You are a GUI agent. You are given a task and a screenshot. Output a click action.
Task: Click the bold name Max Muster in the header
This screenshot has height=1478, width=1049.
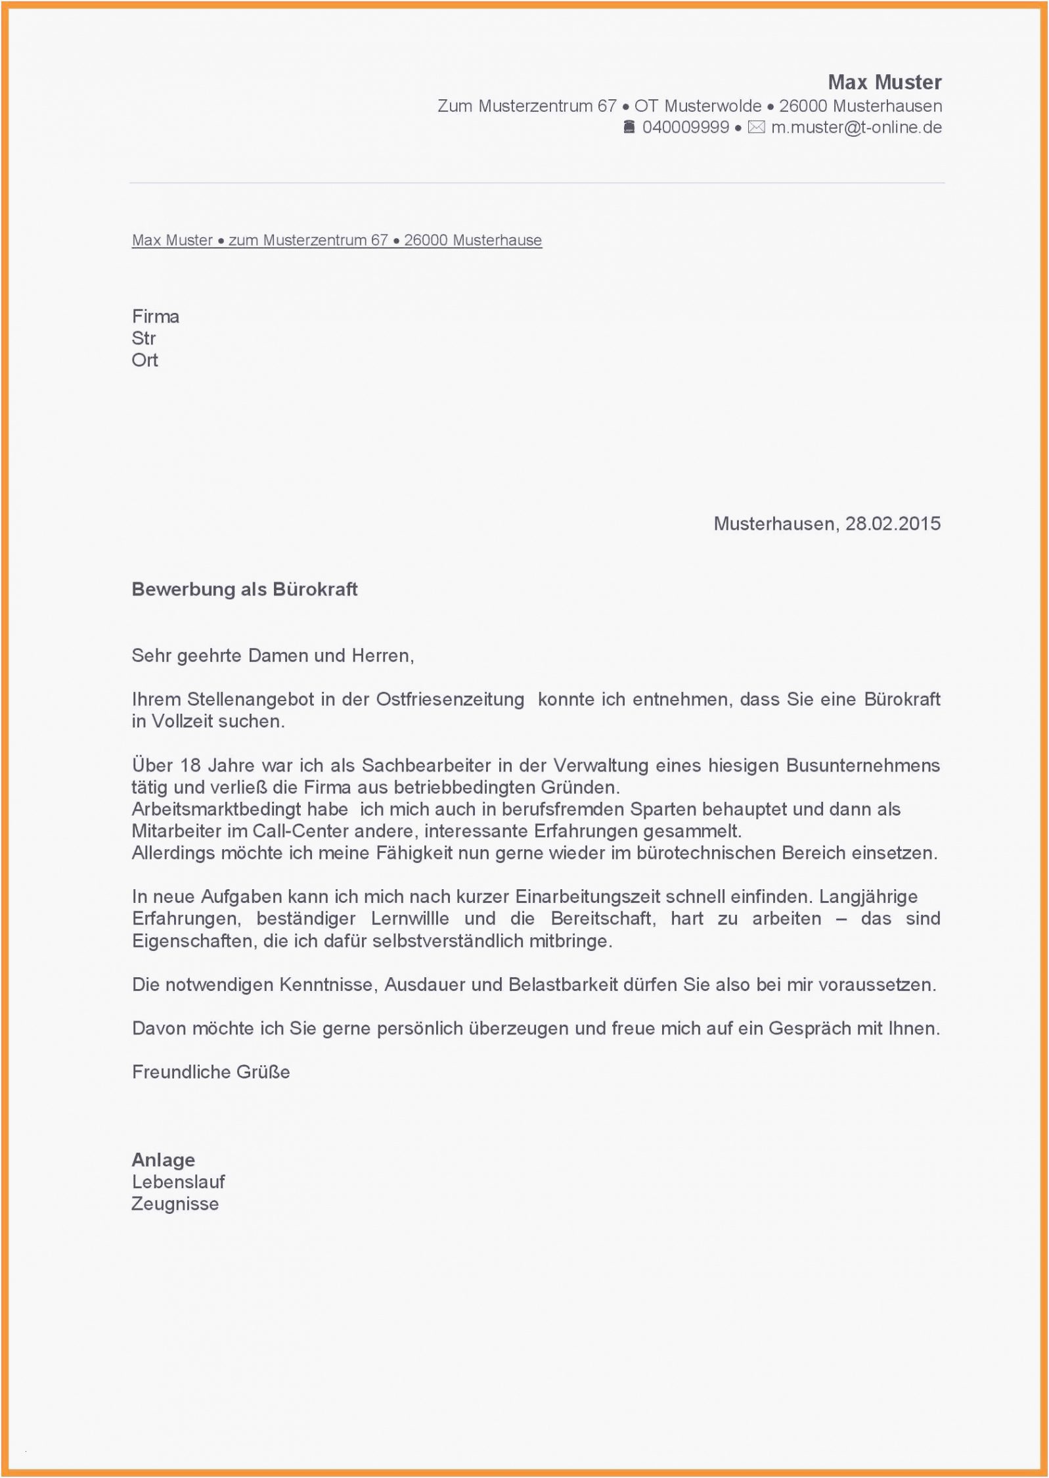(884, 82)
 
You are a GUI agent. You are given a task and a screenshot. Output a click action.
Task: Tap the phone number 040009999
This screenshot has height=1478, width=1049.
(685, 127)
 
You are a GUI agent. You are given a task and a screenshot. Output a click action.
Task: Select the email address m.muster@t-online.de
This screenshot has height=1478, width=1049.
(856, 127)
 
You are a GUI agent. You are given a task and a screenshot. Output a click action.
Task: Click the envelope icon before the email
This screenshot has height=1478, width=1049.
(756, 127)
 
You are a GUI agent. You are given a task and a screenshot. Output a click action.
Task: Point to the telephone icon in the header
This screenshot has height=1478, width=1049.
(629, 127)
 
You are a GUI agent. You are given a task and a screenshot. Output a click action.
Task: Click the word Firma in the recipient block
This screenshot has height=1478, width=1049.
(156, 317)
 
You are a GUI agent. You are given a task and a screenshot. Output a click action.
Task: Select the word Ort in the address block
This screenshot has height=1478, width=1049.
(145, 360)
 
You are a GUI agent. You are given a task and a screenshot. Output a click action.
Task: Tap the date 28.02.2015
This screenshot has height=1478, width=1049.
(893, 524)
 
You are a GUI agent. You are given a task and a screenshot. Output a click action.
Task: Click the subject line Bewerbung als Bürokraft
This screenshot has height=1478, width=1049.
(244, 589)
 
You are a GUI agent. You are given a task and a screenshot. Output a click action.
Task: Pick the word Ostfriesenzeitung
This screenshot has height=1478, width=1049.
(450, 699)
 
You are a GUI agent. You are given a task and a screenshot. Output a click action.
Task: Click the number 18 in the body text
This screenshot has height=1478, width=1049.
(190, 766)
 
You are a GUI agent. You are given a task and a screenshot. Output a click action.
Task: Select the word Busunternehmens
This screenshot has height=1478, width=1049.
(862, 766)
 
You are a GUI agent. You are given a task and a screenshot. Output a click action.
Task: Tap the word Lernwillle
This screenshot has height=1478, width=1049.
(410, 919)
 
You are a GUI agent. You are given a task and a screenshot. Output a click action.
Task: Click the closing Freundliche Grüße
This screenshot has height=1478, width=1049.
(211, 1072)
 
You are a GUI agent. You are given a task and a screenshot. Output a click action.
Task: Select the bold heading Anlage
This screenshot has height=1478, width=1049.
(164, 1160)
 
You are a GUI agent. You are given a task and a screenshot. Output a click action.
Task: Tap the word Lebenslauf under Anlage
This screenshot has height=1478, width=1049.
(179, 1182)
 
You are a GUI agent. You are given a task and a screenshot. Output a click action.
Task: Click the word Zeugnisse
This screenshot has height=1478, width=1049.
(175, 1204)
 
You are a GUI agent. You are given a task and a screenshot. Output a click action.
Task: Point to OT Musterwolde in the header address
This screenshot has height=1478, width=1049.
(698, 106)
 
